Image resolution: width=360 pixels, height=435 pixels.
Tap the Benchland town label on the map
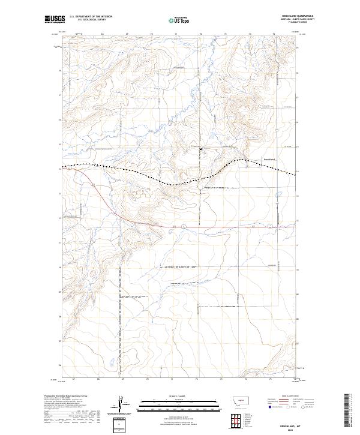point(269,159)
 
